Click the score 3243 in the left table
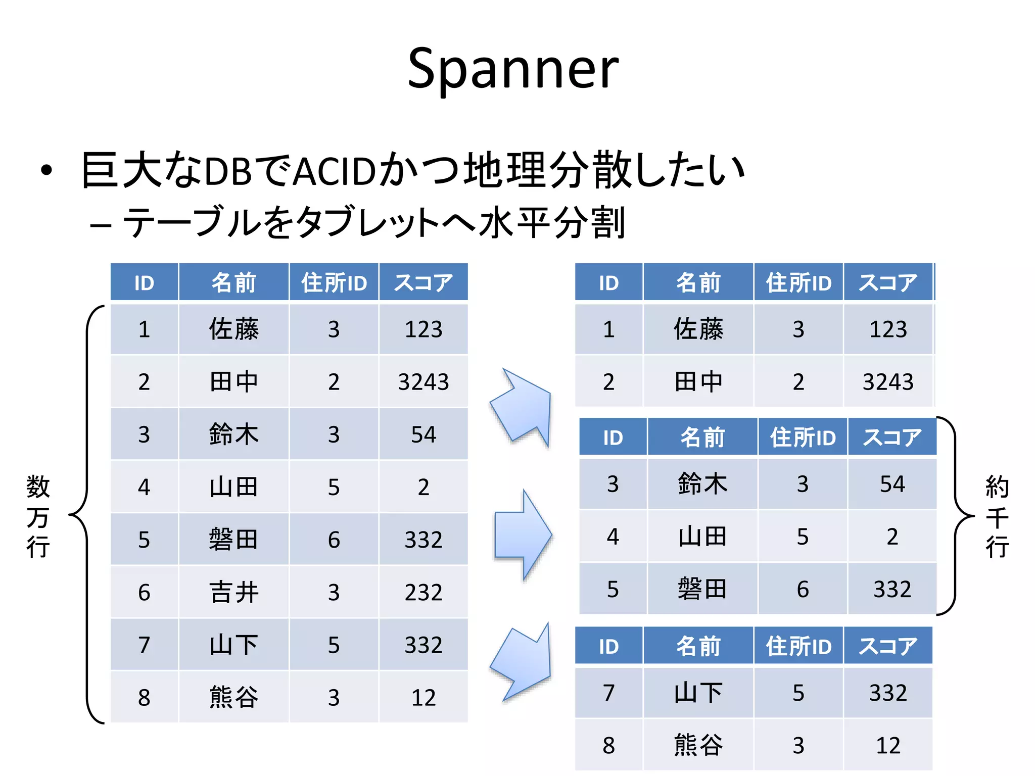[423, 382]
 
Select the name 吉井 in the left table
[233, 592]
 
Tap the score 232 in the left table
[423, 592]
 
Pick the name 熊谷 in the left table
[233, 697]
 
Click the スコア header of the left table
[423, 282]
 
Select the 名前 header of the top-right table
[698, 282]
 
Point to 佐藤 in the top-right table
[698, 329]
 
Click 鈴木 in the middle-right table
[702, 484]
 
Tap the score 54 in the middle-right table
[892, 484]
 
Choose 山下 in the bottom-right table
[698, 693]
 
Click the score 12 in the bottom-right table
[888, 745]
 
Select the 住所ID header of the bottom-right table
[798, 646]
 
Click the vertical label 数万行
[38, 516]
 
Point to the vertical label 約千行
[997, 516]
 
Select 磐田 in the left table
[233, 540]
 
